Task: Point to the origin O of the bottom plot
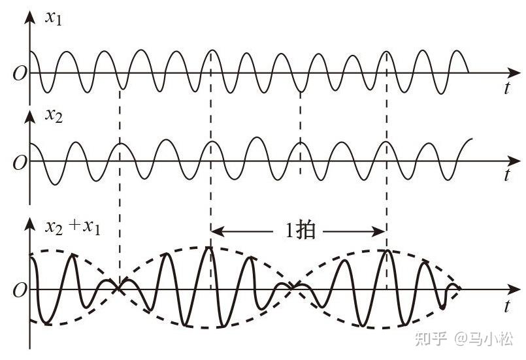19,289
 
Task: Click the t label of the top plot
506,89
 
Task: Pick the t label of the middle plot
506,175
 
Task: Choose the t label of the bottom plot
506,305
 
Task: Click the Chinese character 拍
304,231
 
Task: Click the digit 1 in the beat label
289,231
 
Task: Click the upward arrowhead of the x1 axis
29,16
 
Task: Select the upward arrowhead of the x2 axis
29,116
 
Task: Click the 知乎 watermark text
432,338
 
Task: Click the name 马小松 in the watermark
491,338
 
